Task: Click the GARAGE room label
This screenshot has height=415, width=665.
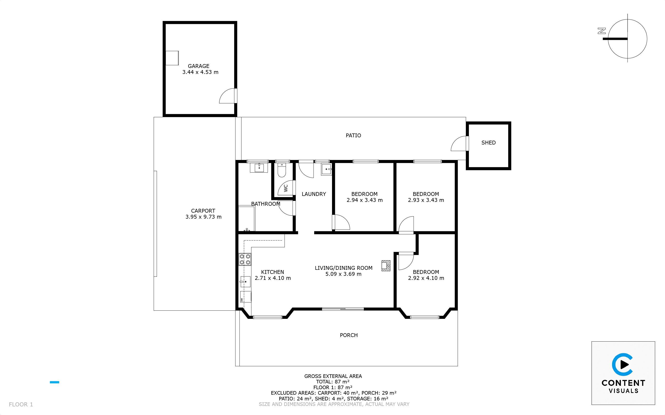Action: click(199, 66)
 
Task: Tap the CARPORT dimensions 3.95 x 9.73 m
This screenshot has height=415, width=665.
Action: click(203, 217)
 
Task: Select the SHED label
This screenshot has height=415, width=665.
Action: click(488, 143)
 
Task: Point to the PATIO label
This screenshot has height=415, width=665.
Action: click(353, 135)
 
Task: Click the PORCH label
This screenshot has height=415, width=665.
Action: click(349, 335)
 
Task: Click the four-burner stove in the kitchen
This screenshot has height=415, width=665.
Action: click(245, 259)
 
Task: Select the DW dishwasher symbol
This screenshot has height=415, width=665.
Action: click(246, 297)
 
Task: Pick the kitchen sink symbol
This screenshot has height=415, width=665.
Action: click(245, 282)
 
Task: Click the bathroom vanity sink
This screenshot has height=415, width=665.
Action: click(259, 168)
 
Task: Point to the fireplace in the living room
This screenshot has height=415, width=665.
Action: click(386, 266)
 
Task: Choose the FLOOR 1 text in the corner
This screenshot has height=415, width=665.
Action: click(21, 404)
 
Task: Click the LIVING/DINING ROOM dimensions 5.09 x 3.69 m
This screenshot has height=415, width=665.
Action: click(343, 274)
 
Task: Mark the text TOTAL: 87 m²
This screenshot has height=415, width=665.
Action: click(333, 382)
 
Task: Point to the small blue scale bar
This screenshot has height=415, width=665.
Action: click(54, 382)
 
